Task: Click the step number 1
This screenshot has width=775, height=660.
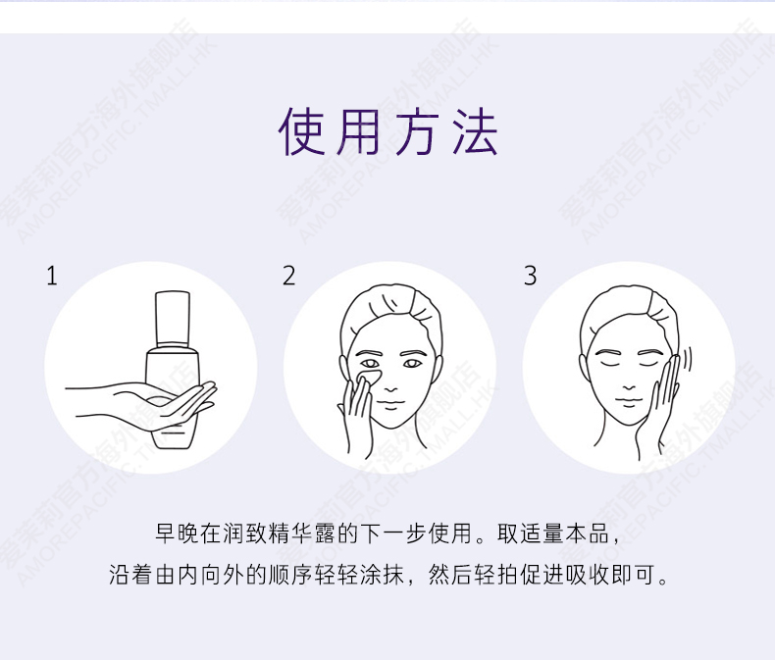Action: pyautogui.click(x=52, y=276)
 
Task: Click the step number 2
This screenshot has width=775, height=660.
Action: pyautogui.click(x=288, y=276)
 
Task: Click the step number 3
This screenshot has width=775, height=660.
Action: pyautogui.click(x=530, y=276)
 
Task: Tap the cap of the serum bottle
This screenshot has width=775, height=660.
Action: pyautogui.click(x=173, y=319)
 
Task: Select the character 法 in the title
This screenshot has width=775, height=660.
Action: pyautogui.click(x=475, y=131)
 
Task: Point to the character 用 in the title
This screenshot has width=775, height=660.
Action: pyautogui.click(x=358, y=131)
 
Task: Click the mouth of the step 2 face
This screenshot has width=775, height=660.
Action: pyautogui.click(x=391, y=405)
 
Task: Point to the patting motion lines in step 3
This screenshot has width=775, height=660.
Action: pyautogui.click(x=687, y=359)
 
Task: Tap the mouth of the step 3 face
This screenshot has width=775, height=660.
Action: pyautogui.click(x=629, y=403)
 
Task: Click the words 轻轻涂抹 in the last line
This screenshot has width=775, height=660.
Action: pyautogui.click(x=359, y=575)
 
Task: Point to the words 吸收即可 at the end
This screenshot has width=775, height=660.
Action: pyautogui.click(x=611, y=575)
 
